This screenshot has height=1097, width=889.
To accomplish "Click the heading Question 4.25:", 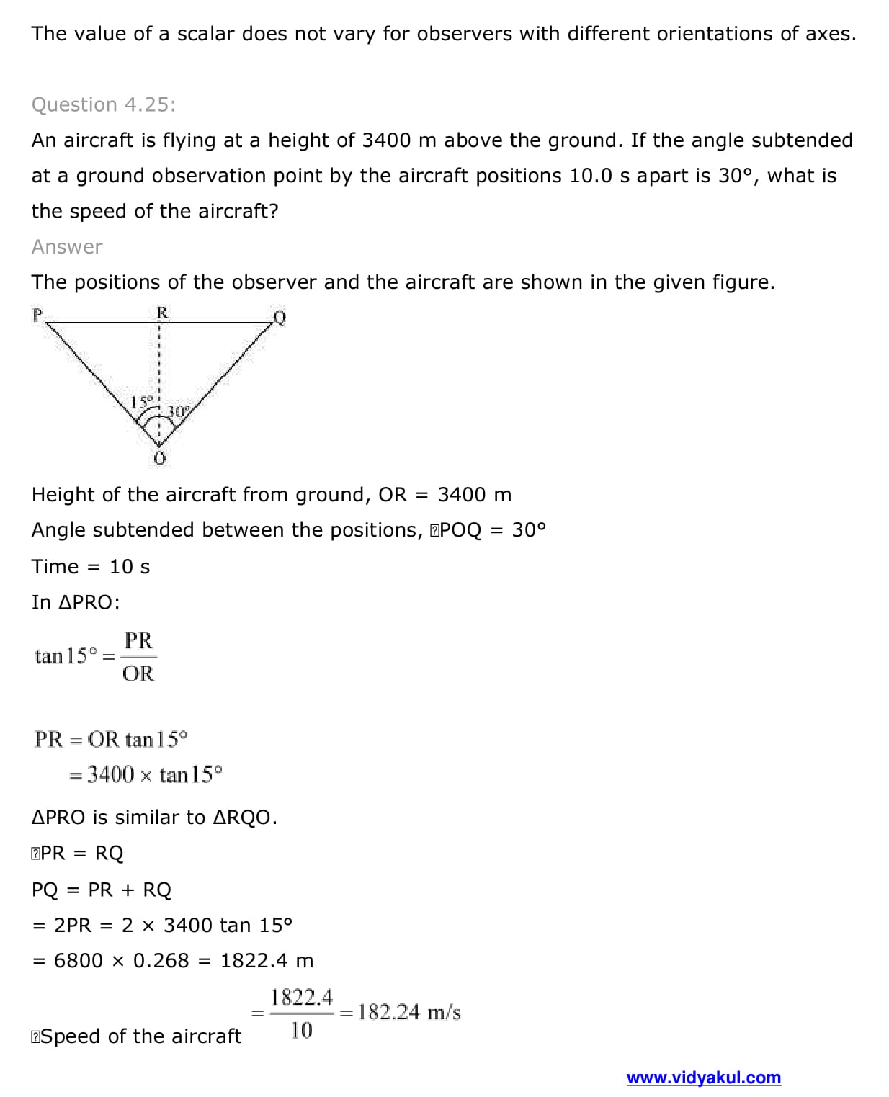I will [x=103, y=104].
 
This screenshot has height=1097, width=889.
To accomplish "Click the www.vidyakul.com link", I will [x=703, y=1078].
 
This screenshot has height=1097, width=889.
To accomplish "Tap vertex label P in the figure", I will [x=37, y=315].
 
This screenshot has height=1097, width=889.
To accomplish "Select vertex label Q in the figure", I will [x=280, y=318].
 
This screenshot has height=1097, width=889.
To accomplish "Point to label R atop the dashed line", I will [x=162, y=313].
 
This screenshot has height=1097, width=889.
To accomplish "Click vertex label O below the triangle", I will [x=160, y=458].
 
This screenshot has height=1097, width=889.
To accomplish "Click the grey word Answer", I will [x=67, y=246].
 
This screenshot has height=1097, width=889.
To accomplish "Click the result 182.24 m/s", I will [x=409, y=1012].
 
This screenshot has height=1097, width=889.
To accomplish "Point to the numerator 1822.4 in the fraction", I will [x=302, y=998].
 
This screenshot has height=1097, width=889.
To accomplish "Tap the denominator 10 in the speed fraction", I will [x=301, y=1030].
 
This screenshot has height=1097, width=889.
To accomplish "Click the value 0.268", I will [x=161, y=960].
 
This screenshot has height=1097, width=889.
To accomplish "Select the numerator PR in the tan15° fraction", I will [x=138, y=640].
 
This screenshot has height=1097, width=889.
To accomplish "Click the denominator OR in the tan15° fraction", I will [x=138, y=673].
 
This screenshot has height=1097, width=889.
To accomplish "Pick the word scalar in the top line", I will [x=205, y=34].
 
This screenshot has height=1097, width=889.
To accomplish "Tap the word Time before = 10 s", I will [x=55, y=566].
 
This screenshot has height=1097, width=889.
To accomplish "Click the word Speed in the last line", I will [x=71, y=1036].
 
